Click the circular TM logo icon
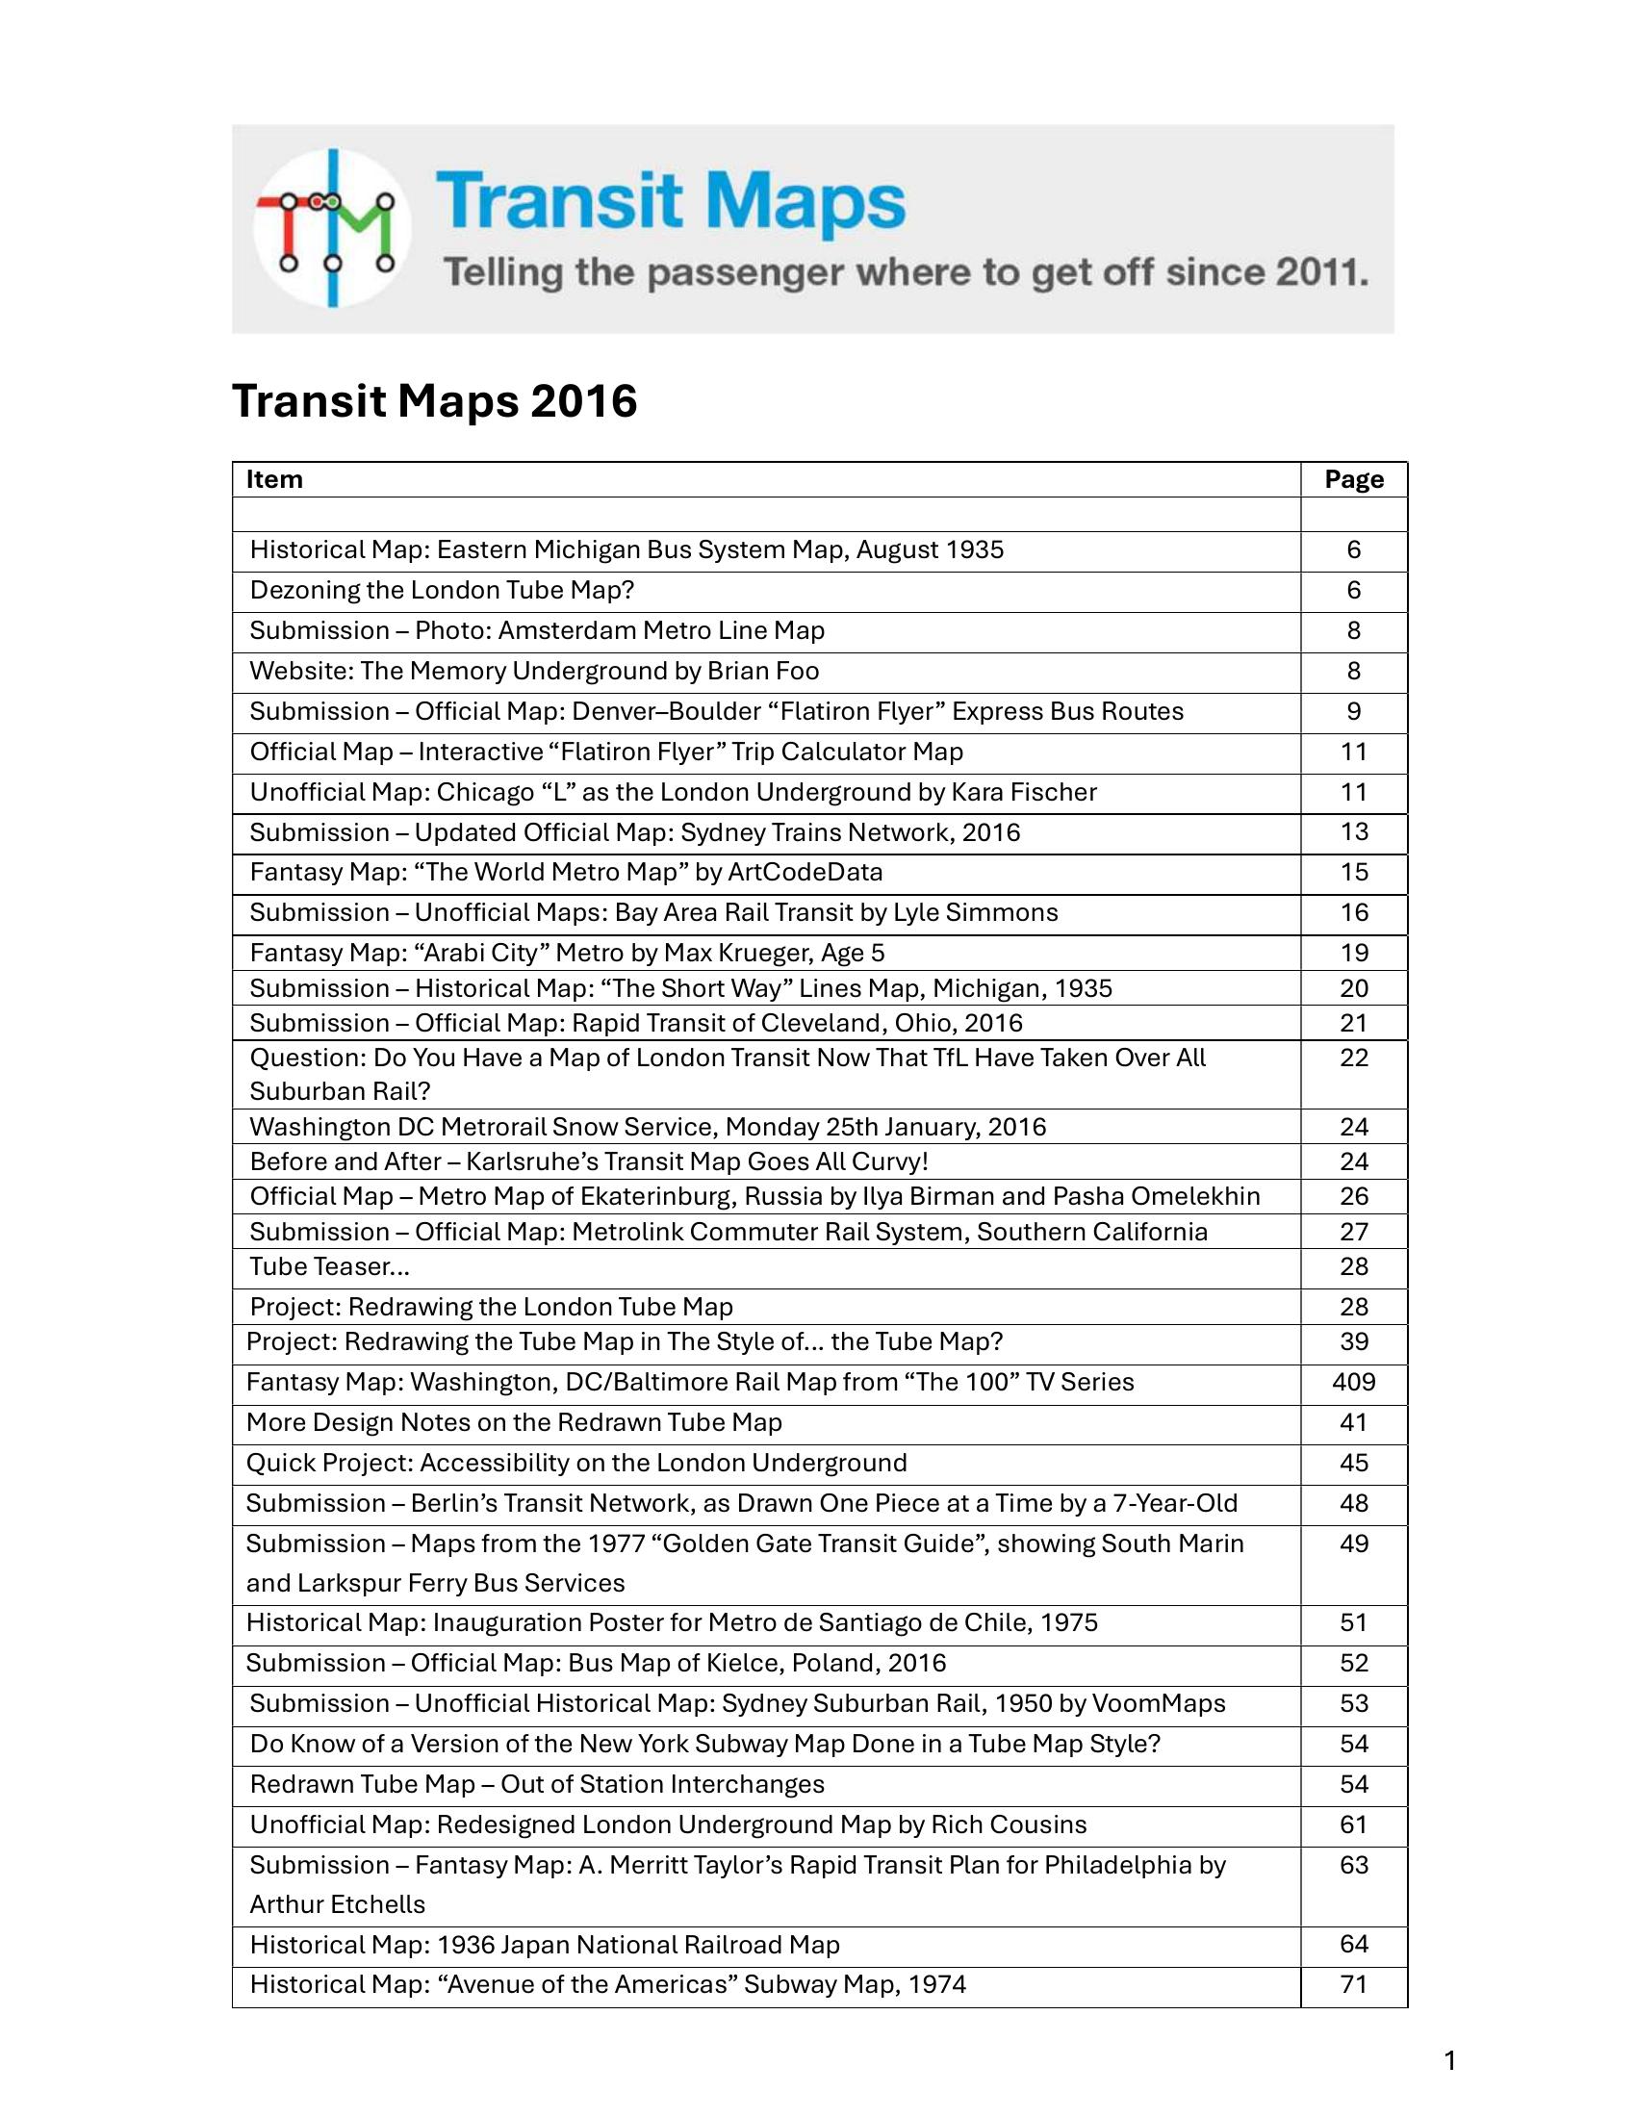pos(331,229)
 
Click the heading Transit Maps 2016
pos(434,400)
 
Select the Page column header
pos(1353,480)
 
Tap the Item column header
pos(274,480)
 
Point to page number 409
pos(1353,1382)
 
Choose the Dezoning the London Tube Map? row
pos(441,590)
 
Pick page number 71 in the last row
pos(1353,1985)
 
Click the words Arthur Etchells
pos(337,1904)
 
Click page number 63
pos(1353,1865)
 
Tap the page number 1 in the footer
pos(1450,2061)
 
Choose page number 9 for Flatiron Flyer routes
pos(1353,711)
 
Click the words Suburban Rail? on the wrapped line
pos(339,1091)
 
